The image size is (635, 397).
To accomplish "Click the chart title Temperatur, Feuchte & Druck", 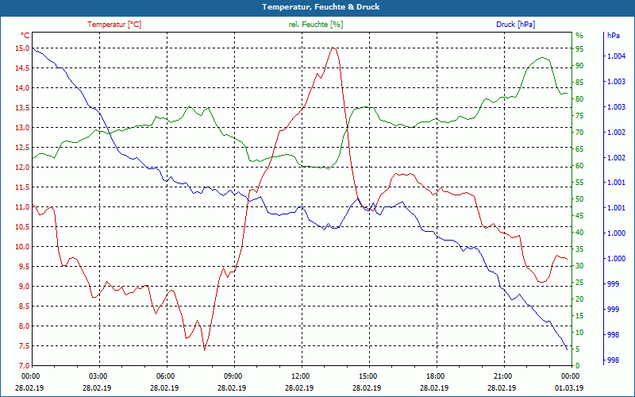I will (x=317, y=6).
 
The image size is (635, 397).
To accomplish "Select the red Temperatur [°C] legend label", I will (x=114, y=25).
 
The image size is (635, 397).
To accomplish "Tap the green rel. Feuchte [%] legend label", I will (x=316, y=25).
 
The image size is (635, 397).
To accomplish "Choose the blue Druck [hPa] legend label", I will (x=515, y=25).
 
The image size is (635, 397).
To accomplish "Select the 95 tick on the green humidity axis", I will (x=579, y=48).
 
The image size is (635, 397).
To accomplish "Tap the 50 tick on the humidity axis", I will (x=579, y=198).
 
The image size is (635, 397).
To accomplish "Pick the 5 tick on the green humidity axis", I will (x=578, y=349).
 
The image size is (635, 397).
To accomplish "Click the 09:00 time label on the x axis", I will (x=233, y=376).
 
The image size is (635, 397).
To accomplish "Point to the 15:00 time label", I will (x=368, y=376).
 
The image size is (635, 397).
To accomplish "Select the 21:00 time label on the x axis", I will (x=502, y=376).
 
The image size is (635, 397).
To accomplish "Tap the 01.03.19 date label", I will (x=570, y=387).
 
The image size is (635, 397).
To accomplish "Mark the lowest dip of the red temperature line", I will (x=204, y=349).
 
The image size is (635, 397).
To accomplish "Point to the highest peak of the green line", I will (x=544, y=57).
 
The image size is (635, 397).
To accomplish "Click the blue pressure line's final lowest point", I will (x=568, y=349).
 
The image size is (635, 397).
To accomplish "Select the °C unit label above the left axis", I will (x=25, y=36).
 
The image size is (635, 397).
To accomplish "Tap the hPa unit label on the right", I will (x=613, y=36).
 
